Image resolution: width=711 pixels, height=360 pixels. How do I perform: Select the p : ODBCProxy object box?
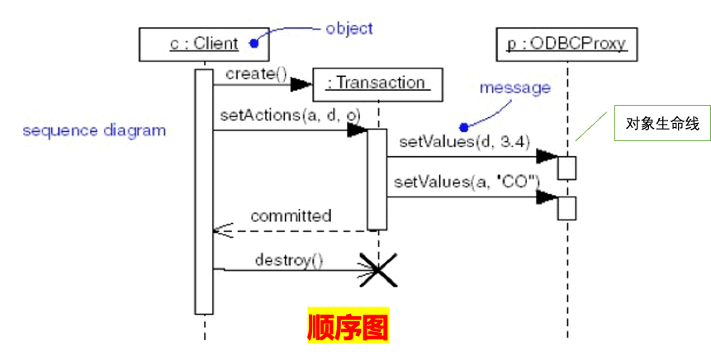tap(567, 44)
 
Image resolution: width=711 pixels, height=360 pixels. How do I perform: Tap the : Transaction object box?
tap(377, 83)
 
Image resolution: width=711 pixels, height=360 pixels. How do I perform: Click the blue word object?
tap(349, 28)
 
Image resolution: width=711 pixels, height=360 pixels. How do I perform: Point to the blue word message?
tap(514, 87)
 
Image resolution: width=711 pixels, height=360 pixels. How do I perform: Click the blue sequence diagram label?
tap(94, 130)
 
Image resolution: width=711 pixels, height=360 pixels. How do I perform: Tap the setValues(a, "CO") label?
tap(467, 181)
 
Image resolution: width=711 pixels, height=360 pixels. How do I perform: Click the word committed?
tap(291, 216)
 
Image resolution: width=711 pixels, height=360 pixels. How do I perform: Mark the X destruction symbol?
tap(377, 269)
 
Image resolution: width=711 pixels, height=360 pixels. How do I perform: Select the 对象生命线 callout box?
tap(662, 125)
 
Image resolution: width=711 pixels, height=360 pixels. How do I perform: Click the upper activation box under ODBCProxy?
tap(566, 168)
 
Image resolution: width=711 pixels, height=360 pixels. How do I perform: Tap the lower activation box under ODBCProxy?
tap(566, 207)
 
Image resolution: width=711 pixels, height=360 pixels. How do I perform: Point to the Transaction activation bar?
tap(377, 178)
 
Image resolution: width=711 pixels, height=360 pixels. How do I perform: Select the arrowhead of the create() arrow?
tap(302, 83)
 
